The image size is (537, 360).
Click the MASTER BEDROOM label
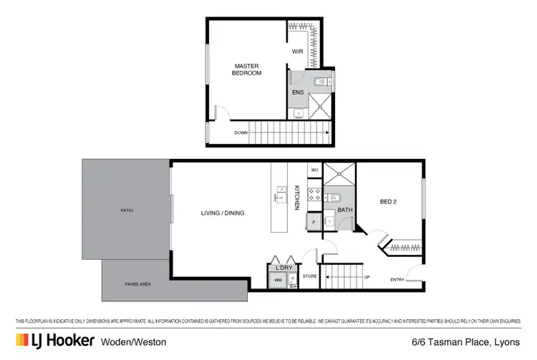(x=248, y=69)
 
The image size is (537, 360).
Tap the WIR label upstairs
(x=298, y=52)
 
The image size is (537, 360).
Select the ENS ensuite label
(x=297, y=93)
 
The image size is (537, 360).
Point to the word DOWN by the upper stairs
(x=241, y=132)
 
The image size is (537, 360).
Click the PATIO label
(x=127, y=210)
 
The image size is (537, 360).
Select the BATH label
(x=345, y=210)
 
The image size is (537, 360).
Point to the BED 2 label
(x=388, y=203)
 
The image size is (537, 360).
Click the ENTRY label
(x=396, y=279)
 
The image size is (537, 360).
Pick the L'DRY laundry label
(x=282, y=268)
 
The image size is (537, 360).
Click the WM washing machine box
(x=278, y=281)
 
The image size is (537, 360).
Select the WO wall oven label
(x=314, y=170)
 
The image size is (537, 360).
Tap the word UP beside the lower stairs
(x=367, y=277)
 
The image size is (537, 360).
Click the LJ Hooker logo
(x=54, y=341)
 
